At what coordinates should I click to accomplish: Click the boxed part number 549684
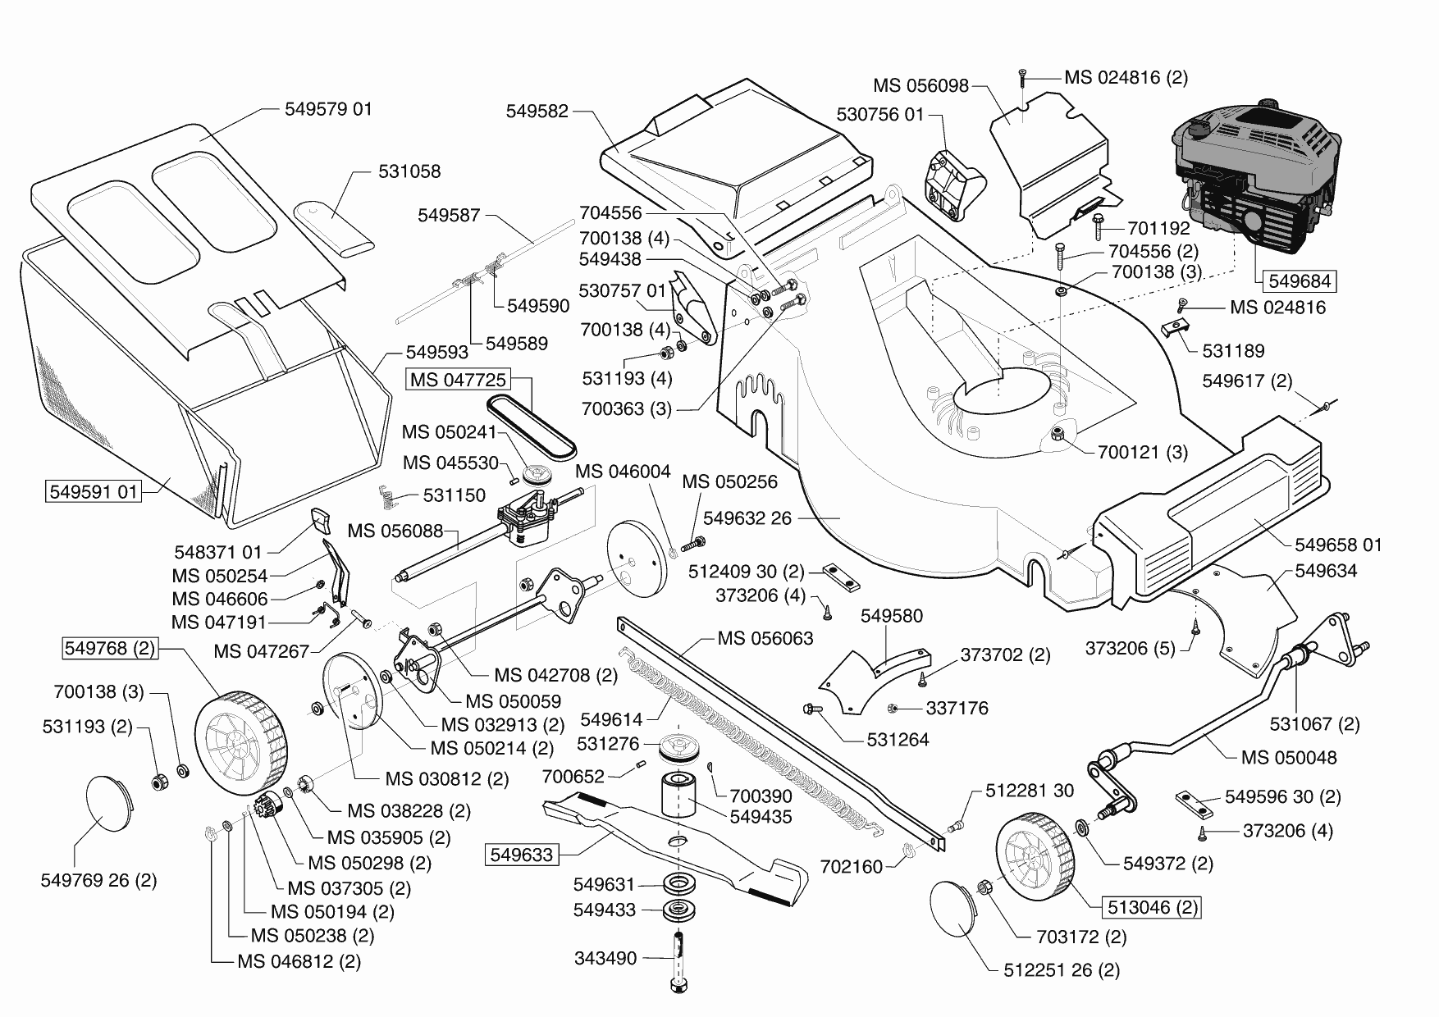pyautogui.click(x=1299, y=281)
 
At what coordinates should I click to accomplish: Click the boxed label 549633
pyautogui.click(x=521, y=855)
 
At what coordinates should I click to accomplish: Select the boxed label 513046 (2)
pyautogui.click(x=1153, y=907)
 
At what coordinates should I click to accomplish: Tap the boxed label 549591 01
pyautogui.click(x=93, y=492)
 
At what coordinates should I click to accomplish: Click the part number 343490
pyautogui.click(x=605, y=958)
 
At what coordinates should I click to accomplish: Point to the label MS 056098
pyautogui.click(x=921, y=85)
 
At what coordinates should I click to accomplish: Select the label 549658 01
pyautogui.click(x=1337, y=545)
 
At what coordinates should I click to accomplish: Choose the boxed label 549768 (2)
pyautogui.click(x=109, y=648)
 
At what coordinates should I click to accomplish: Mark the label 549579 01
pyautogui.click(x=328, y=108)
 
